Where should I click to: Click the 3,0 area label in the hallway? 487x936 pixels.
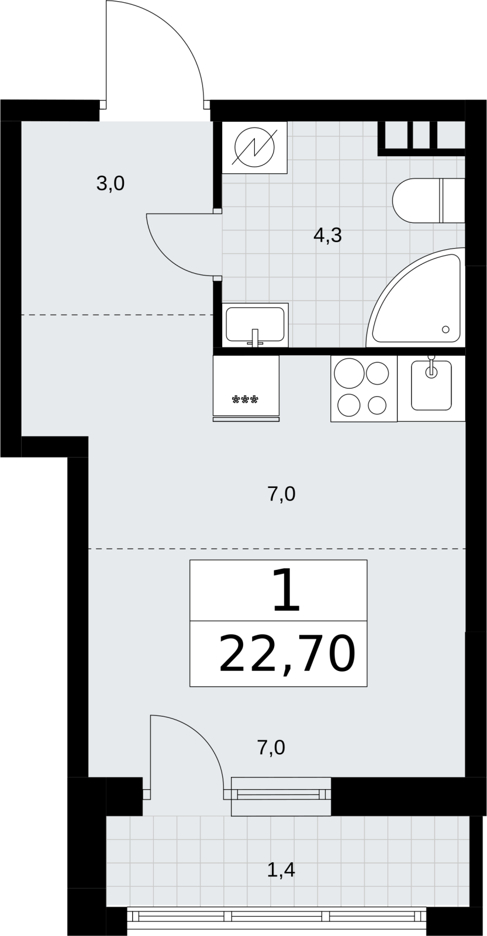pos(110,184)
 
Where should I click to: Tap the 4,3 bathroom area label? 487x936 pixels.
pos(327,236)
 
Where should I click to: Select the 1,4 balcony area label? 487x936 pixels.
pos(281,870)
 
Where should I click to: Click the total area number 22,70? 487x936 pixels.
pos(287,653)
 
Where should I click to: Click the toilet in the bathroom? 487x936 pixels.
pos(429,201)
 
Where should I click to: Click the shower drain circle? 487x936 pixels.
pos(445,329)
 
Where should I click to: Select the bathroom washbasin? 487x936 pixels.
pos(255,325)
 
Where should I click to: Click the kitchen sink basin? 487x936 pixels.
pos(431,386)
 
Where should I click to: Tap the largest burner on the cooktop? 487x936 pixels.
pos(349,373)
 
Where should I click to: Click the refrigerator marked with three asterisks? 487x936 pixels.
pos(246,388)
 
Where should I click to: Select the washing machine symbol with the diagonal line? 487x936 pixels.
pos(255,147)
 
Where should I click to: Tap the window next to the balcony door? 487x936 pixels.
pos(281,796)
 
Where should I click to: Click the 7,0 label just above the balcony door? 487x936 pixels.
pos(271,748)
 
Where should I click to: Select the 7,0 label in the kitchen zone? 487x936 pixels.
pos(281,494)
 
